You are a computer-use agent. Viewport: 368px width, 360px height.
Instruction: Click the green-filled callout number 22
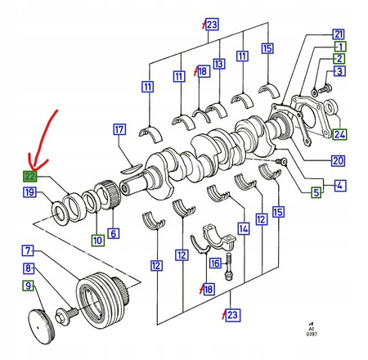[x=29, y=176]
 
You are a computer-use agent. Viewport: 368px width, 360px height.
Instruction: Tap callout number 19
[x=29, y=192]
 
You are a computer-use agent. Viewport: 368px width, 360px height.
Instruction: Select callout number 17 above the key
[x=119, y=129]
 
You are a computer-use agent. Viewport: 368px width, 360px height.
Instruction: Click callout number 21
[x=339, y=34]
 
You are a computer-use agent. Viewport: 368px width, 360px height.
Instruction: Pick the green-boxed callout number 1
[x=340, y=47]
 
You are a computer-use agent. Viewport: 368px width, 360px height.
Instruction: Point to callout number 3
[x=339, y=71]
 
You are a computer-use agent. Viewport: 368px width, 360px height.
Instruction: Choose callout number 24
[x=339, y=134]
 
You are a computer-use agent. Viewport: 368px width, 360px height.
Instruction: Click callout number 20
[x=338, y=160]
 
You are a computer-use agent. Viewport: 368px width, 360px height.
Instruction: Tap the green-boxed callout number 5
[x=316, y=192]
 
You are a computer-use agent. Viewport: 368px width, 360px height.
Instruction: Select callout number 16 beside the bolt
[x=215, y=263]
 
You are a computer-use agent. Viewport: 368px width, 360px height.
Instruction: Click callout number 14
[x=244, y=229]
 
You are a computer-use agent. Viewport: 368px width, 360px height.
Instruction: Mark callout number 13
[x=219, y=64]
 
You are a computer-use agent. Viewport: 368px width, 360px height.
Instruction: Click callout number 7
[x=28, y=250]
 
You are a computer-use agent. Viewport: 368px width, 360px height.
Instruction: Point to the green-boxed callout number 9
[x=28, y=286]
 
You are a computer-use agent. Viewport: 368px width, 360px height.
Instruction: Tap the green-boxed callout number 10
[x=98, y=241]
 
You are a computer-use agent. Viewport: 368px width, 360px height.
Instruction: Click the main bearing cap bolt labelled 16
[x=229, y=266]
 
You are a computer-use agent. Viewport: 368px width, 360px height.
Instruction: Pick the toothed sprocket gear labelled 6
[x=107, y=195]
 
